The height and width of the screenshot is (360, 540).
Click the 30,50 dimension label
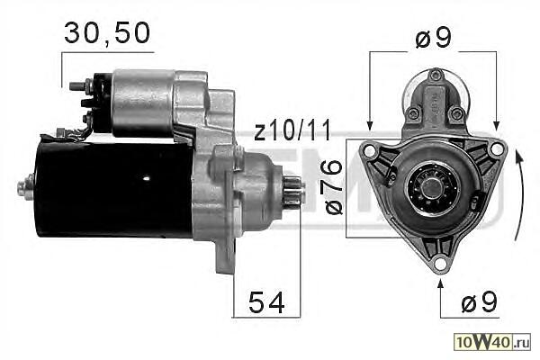pos(107,33)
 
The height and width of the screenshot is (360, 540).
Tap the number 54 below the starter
pos(266,302)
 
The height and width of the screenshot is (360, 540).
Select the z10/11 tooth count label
pos(292,130)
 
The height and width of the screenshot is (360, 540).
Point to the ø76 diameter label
pos(334,187)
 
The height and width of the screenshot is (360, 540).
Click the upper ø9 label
pos(433,38)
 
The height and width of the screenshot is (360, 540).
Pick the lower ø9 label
pos(479,301)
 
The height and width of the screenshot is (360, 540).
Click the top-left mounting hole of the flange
pos(369,150)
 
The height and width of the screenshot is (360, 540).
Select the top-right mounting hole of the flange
pos(496,148)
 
